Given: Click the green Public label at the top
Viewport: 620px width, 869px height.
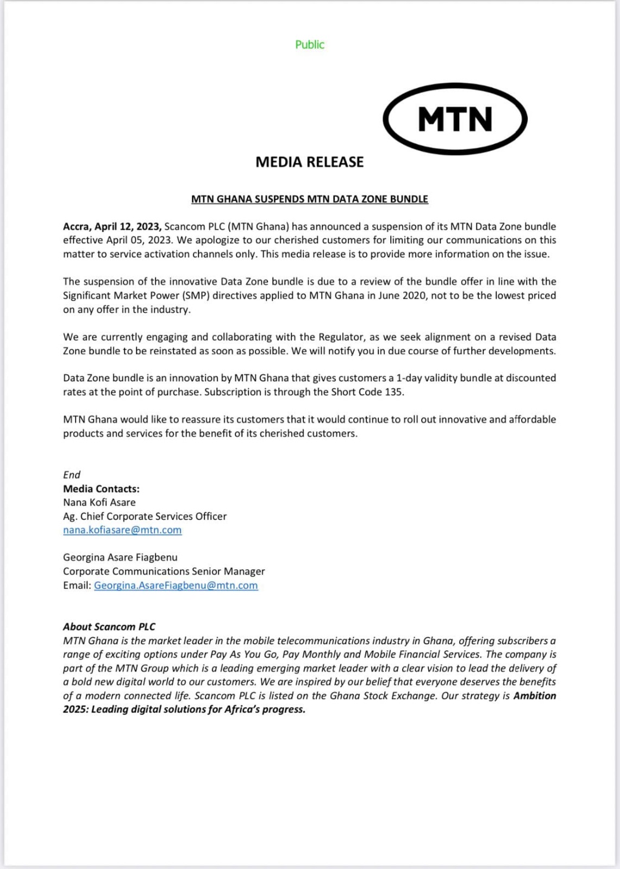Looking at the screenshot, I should [x=310, y=45].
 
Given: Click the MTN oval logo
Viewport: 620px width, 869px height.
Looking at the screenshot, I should [x=455, y=119].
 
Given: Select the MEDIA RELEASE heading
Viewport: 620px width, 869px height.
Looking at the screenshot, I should [x=310, y=162].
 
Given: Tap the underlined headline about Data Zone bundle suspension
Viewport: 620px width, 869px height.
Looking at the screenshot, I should [x=310, y=199].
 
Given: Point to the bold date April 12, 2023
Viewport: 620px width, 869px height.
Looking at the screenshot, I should [x=128, y=226].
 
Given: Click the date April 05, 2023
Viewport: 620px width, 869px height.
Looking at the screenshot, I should [x=136, y=240].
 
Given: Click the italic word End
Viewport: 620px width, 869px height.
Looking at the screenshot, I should [x=72, y=475].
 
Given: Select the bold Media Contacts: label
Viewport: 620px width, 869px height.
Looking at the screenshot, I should [x=101, y=489].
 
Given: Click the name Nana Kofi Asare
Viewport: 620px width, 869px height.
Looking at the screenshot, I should [x=99, y=502].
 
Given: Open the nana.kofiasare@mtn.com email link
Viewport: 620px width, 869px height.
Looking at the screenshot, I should [x=122, y=530].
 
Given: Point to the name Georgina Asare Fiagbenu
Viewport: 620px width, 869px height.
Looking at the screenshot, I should [x=120, y=557].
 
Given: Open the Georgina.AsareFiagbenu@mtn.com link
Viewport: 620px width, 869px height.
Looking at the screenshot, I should [x=176, y=585].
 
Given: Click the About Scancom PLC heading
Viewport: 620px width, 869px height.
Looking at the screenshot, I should [x=109, y=627].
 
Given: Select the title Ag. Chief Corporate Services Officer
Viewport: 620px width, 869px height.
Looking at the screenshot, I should [x=145, y=517].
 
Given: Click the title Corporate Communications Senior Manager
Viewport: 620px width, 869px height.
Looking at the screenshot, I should [x=164, y=571].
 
